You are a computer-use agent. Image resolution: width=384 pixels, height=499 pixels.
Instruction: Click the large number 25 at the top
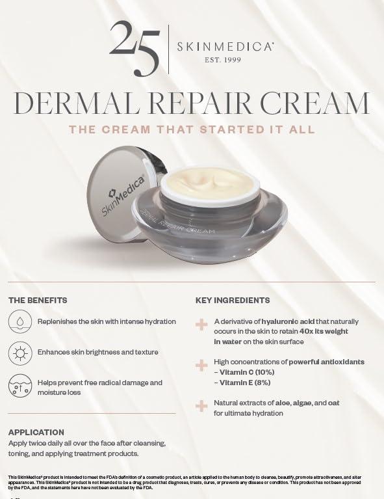pos(134,46)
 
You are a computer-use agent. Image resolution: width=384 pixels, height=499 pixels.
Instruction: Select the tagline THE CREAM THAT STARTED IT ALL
pos(192,129)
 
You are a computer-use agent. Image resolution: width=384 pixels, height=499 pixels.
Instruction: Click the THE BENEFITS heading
pos(38,301)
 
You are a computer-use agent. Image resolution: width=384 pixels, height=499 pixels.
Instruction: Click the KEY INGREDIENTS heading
pos(233,301)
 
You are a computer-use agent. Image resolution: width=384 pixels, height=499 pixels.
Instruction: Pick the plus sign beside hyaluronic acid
pos(201,324)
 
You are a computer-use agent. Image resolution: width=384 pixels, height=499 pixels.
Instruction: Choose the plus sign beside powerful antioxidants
pos(201,365)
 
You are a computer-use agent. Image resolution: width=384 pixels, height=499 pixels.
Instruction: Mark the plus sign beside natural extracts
pos(201,406)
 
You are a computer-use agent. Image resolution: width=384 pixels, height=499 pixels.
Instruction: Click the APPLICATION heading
pos(36,432)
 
